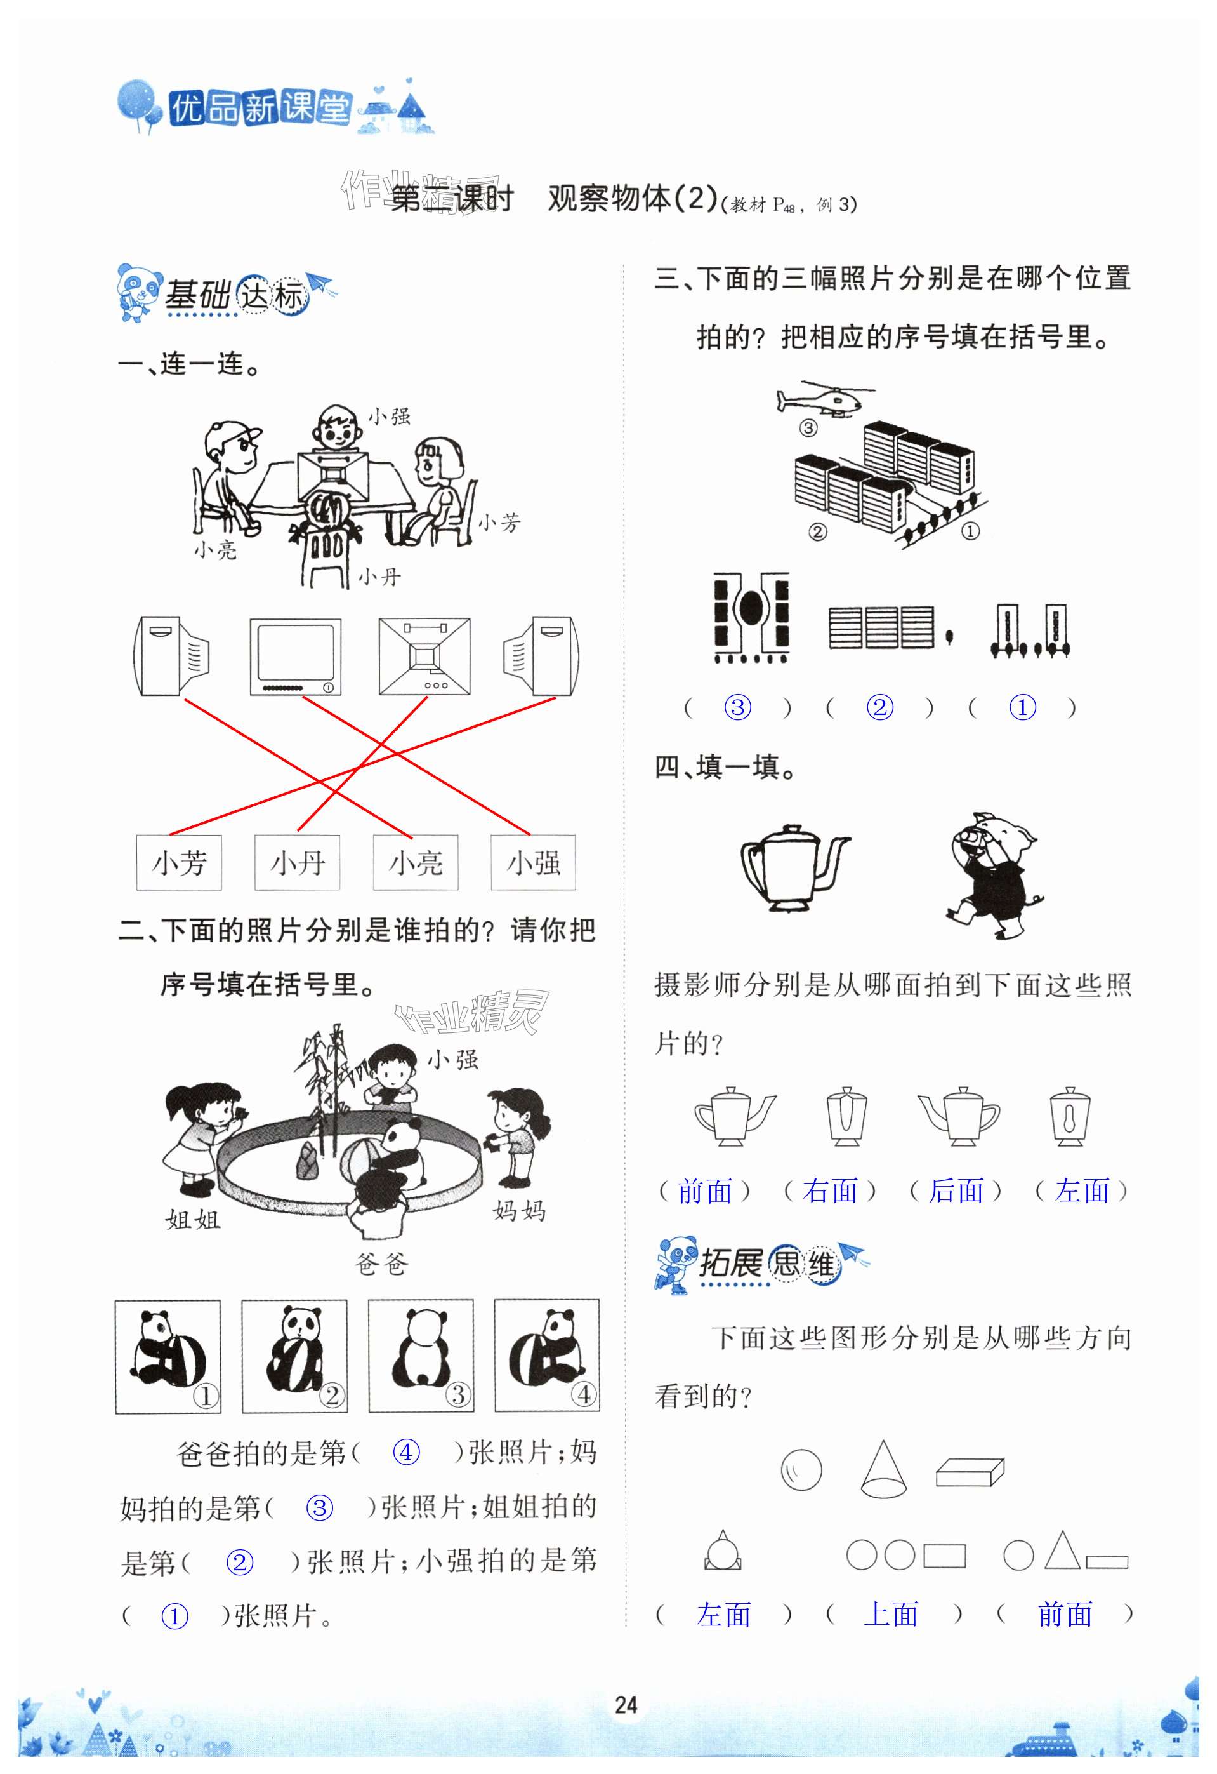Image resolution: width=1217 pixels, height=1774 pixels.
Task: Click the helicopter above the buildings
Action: click(824, 399)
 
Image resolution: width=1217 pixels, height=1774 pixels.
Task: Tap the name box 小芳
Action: click(178, 863)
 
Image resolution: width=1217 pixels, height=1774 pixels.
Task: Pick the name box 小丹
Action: click(297, 863)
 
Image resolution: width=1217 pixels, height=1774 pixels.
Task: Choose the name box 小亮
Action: click(415, 863)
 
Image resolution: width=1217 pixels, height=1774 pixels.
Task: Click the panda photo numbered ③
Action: click(421, 1356)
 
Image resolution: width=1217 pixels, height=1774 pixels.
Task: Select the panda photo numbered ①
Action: click(168, 1356)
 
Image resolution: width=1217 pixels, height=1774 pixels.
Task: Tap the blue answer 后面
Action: click(956, 1190)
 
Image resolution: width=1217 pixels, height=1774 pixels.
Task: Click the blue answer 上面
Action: click(890, 1615)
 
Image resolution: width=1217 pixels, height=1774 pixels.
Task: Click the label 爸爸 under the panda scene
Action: click(381, 1264)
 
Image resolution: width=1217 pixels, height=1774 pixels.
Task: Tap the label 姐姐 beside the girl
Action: click(192, 1219)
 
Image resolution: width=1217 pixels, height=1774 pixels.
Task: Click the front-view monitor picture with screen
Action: click(295, 657)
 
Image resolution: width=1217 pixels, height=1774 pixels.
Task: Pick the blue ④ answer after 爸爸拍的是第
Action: click(406, 1452)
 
